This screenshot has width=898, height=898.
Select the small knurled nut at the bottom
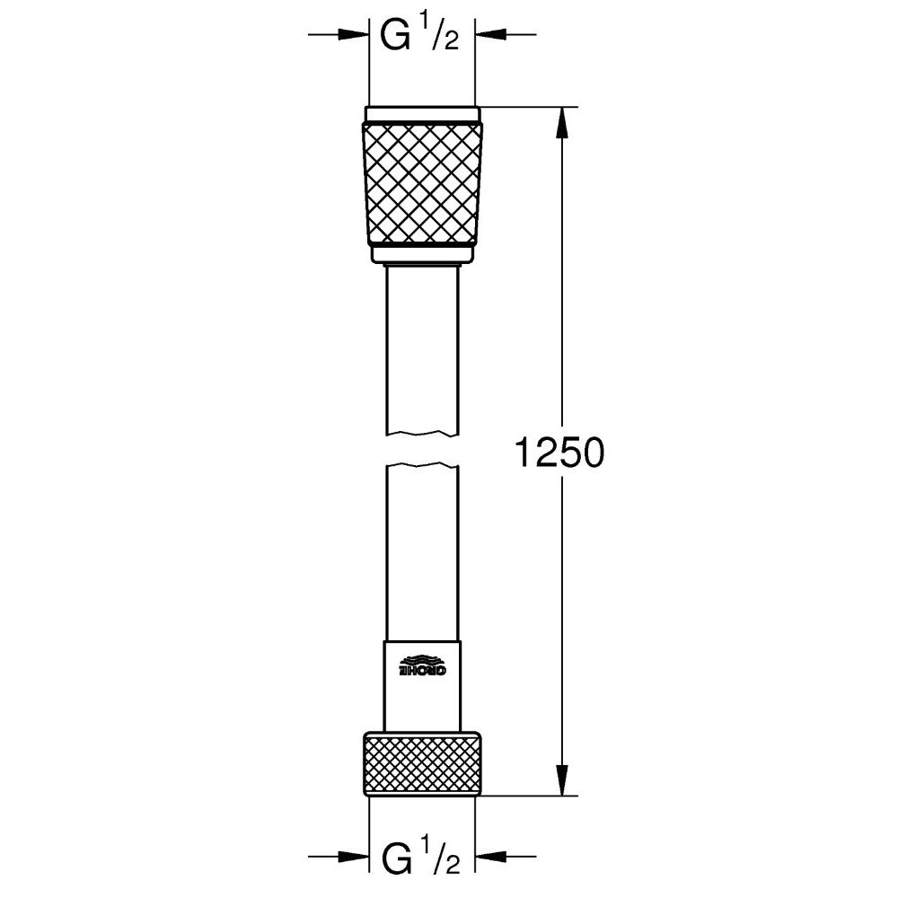click(x=422, y=763)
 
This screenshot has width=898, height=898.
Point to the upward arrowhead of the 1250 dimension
click(x=563, y=122)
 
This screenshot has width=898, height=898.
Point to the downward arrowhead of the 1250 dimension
click(x=563, y=780)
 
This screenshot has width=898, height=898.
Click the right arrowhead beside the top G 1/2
click(x=489, y=35)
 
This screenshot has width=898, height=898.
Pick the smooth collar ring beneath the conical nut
click(x=422, y=254)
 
